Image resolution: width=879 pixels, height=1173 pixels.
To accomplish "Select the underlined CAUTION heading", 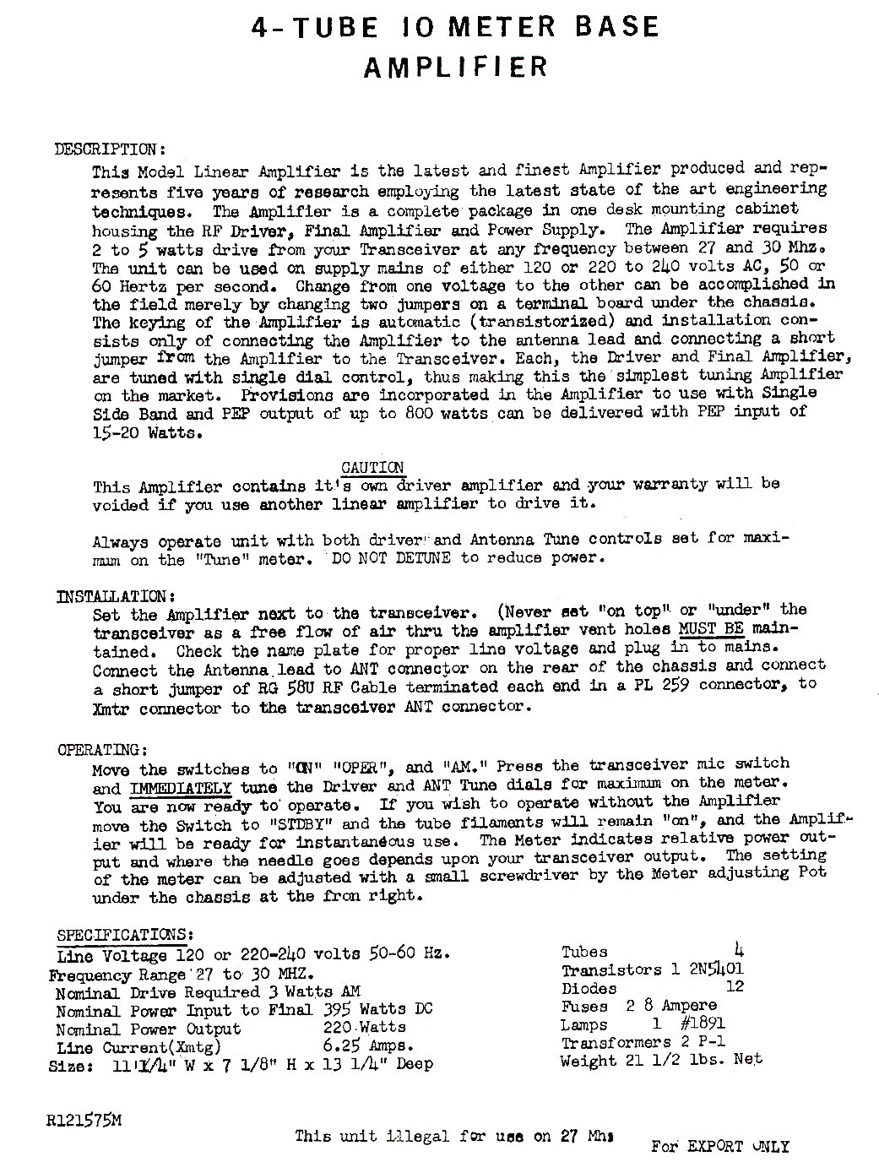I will click(x=371, y=468).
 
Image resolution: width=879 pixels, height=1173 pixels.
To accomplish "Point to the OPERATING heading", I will click(x=103, y=750).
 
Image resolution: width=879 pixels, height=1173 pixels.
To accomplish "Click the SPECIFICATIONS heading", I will click(x=126, y=936).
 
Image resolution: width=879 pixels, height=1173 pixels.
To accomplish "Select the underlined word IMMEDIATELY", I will click(x=181, y=788).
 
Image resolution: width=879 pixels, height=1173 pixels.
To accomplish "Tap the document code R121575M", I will click(x=84, y=1121).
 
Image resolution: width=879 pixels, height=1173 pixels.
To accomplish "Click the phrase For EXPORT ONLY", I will click(x=719, y=1146).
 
